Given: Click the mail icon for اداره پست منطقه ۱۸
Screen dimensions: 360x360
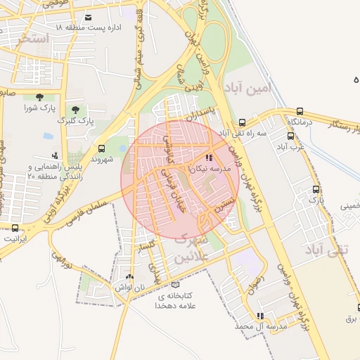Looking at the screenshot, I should [x=88, y=18].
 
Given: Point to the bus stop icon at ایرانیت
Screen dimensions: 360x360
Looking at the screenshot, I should [x=15, y=227].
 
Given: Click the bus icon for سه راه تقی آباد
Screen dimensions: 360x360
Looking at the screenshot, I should [x=241, y=122].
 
